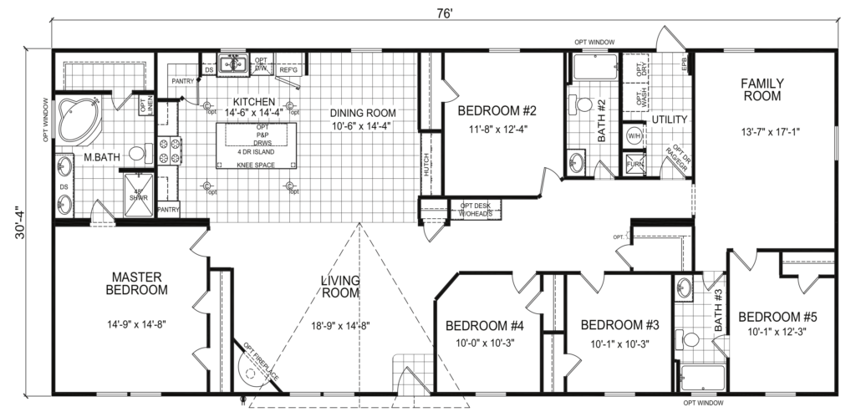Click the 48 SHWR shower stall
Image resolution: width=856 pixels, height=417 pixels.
(139, 197)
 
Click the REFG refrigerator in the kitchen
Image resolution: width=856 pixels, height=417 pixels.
(289, 70)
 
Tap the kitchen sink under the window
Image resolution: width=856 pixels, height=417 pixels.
(233, 65)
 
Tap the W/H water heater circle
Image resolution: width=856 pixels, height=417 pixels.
(633, 135)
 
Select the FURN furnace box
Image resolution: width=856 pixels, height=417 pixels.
(633, 165)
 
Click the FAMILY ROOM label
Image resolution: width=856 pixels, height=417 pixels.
(760, 89)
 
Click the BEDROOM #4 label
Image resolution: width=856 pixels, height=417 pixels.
(484, 326)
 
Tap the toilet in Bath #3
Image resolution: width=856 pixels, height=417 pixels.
(690, 340)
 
